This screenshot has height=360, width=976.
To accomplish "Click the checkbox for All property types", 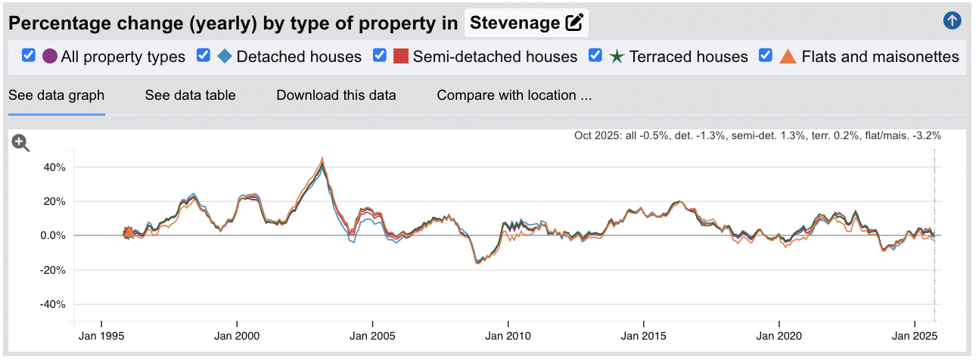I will [29, 56].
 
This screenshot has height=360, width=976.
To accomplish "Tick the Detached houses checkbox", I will [203, 56].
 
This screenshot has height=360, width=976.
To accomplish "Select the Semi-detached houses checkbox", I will [380, 56].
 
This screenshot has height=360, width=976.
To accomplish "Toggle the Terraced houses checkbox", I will [595, 56].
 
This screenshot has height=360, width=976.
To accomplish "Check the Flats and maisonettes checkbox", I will [766, 56].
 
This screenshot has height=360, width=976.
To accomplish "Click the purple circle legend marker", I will [50, 57].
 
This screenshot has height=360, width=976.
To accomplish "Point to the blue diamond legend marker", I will [225, 57].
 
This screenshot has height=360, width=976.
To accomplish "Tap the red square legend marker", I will [401, 57].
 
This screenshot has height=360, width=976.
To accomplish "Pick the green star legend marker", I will [617, 57].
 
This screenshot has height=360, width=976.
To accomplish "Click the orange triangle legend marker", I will [788, 57].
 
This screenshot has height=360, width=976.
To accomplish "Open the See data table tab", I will [190, 95].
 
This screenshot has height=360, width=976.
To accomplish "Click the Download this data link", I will [336, 95].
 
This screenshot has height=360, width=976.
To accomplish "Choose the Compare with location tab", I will [514, 95].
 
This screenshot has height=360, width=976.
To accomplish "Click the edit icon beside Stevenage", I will [574, 23].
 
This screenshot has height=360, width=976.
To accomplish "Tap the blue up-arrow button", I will [952, 21].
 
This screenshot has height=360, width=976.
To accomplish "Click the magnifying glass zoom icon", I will [20, 143].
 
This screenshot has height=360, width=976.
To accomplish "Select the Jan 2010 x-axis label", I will [508, 336].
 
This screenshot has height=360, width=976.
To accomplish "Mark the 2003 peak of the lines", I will [322, 160].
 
